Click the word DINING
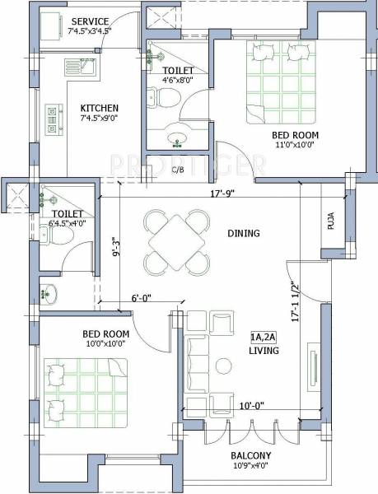243,234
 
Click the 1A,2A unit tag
264,337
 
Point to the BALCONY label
252,455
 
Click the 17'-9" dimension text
223,194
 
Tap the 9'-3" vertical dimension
116,247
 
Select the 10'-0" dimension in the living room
251,405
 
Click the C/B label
178,170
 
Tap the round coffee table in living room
222,366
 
